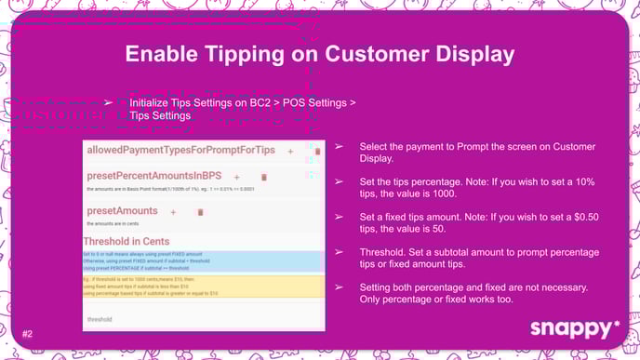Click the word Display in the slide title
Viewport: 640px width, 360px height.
click(x=467, y=54)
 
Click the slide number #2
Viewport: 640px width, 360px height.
click(x=27, y=333)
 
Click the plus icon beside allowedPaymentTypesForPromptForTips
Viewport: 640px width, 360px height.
click(x=290, y=151)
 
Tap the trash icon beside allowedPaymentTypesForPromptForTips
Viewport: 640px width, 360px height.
click(x=317, y=151)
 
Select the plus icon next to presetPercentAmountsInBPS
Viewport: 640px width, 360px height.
click(x=236, y=176)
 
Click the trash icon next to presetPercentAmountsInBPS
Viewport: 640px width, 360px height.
click(x=263, y=176)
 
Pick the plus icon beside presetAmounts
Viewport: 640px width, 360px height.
click(x=173, y=212)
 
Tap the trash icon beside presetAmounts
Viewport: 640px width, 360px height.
click(x=200, y=212)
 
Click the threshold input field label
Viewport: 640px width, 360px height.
click(x=100, y=318)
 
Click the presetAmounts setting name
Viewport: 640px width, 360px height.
click(x=123, y=211)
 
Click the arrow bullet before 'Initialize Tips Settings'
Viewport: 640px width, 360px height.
click(x=108, y=102)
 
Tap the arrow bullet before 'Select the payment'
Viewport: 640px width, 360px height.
click(x=339, y=148)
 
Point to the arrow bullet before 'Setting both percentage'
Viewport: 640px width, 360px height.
click(x=339, y=287)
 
